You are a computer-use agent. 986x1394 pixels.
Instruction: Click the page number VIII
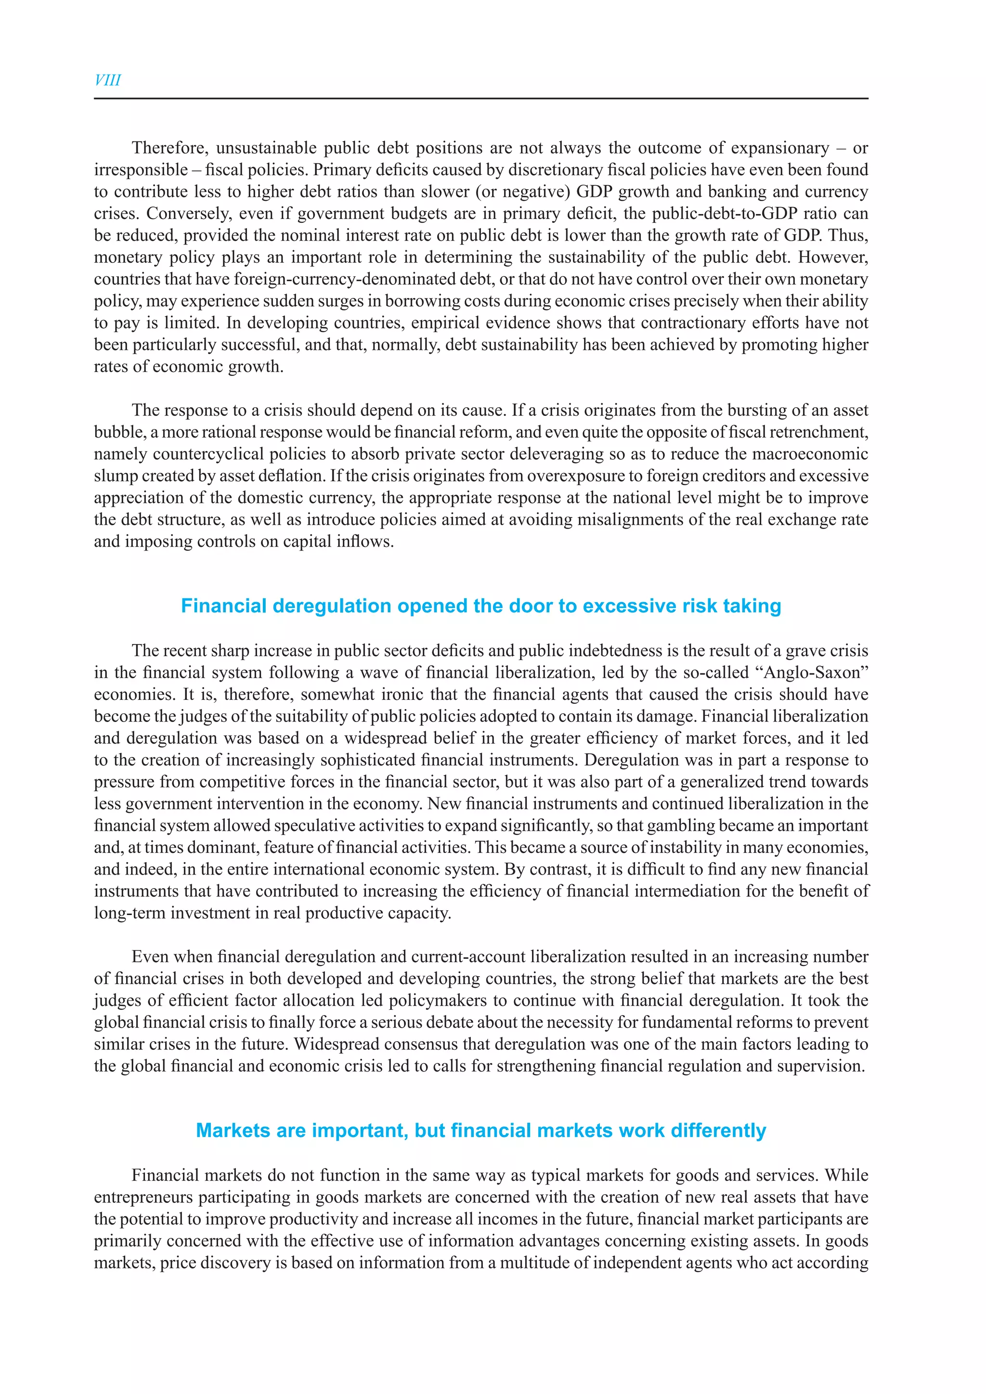107,80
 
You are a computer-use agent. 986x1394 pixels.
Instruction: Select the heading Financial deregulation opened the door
481,606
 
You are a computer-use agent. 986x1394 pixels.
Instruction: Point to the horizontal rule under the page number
481,98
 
